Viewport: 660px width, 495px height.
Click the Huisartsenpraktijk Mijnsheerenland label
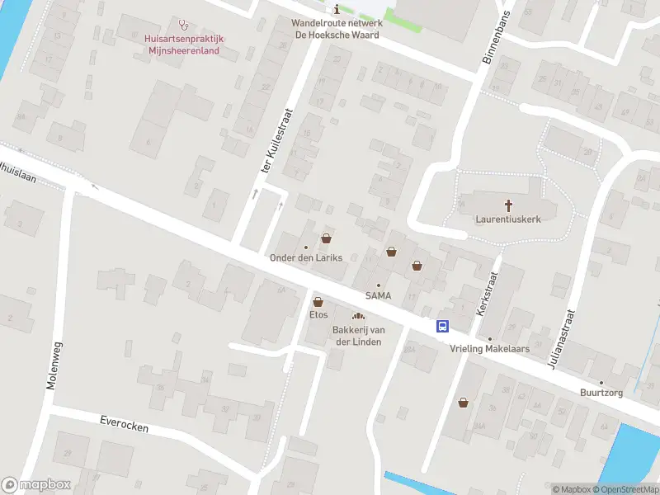[184, 43]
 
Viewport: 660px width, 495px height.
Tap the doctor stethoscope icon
[183, 25]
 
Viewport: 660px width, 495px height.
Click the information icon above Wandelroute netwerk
[336, 9]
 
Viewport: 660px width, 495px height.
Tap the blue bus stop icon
[443, 326]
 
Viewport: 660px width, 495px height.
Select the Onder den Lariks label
[305, 258]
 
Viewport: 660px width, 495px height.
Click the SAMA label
[379, 295]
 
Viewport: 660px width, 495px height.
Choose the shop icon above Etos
[318, 302]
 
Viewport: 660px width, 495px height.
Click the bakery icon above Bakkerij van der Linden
[357, 317]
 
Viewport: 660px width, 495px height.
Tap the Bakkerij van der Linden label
[357, 337]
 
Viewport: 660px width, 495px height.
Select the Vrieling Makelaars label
[488, 349]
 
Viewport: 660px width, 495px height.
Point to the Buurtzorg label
[601, 394]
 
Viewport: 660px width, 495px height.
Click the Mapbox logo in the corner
[36, 485]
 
